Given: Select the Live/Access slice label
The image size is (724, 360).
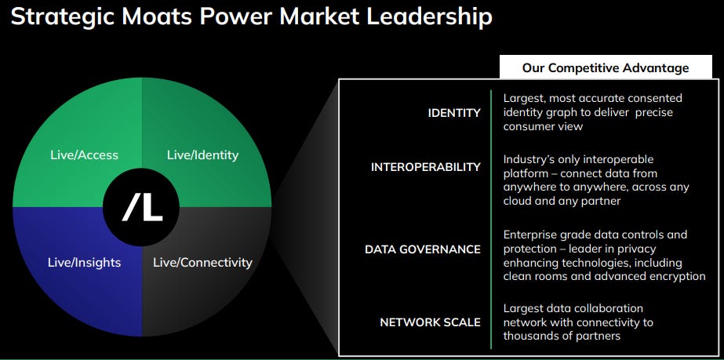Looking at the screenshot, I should point(84,155).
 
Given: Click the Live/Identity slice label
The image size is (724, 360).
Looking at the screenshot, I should point(202,155).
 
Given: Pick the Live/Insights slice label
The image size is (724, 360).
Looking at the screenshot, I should point(85,262).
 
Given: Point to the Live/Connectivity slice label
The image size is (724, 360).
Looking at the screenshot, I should point(202,262).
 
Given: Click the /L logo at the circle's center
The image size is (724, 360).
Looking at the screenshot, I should point(142,207).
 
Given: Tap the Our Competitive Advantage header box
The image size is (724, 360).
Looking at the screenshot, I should point(606,67).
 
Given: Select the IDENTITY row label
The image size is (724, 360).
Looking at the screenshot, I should point(454,113).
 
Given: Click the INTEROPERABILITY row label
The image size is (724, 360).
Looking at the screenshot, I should point(426,167).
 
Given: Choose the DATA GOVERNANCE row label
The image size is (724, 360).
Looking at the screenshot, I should point(423,249).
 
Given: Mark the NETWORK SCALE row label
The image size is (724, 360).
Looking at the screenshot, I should point(431,322).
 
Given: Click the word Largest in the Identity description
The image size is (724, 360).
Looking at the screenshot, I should point(527,98).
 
